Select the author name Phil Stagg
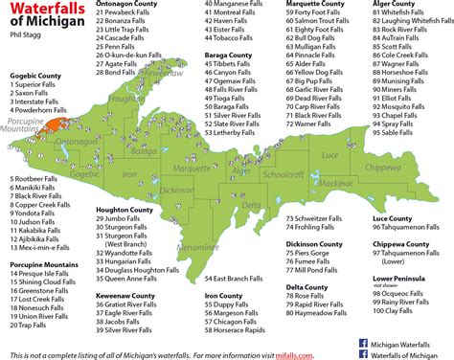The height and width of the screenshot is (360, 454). coord(25,39)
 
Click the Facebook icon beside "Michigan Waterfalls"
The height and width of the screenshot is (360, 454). coord(363,342)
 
